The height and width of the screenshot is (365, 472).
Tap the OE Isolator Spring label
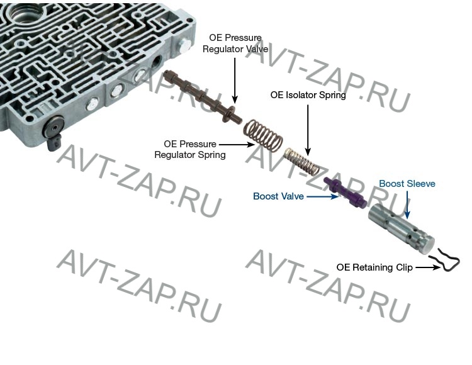pyautogui.click(x=308, y=96)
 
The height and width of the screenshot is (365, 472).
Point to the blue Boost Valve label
pyautogui.click(x=278, y=196)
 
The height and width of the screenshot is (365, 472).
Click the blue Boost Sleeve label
pyautogui.click(x=407, y=184)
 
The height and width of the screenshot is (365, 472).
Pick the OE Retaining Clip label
pyautogui.click(x=374, y=267)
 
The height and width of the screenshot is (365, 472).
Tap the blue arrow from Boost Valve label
pyautogui.click(x=322, y=196)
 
